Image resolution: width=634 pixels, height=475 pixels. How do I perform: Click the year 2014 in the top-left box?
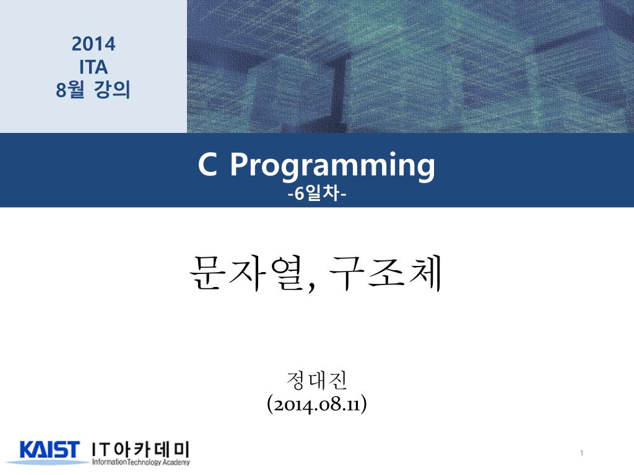click(x=93, y=44)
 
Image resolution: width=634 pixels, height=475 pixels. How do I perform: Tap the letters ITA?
click(x=93, y=67)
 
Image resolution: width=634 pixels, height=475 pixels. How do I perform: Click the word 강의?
click(x=112, y=89)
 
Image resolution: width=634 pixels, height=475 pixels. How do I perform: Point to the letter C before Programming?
click(x=207, y=165)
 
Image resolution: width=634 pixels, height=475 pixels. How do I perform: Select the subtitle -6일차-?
click(x=317, y=194)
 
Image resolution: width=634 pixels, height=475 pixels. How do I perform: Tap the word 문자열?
click(x=246, y=273)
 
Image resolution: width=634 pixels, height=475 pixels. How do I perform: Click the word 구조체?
click(x=385, y=273)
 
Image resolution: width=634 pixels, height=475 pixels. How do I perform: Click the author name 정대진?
click(x=316, y=380)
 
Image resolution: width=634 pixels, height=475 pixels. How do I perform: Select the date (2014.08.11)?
click(x=317, y=404)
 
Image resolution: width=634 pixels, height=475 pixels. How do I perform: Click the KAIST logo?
click(x=49, y=450)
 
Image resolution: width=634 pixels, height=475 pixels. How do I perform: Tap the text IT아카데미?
click(x=141, y=449)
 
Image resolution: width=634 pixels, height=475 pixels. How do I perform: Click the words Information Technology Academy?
click(x=141, y=462)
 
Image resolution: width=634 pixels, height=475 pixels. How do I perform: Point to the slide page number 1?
click(x=581, y=453)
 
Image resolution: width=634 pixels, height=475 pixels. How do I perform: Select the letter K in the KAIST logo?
click(x=27, y=450)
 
